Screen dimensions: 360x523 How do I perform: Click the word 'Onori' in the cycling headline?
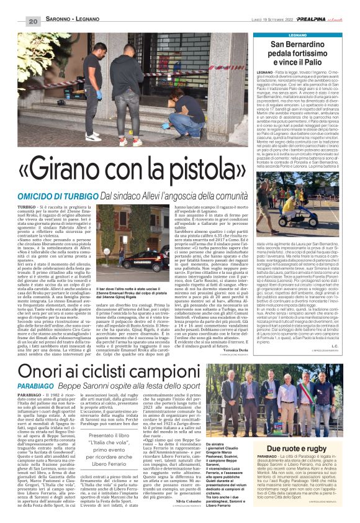point(60,371)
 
